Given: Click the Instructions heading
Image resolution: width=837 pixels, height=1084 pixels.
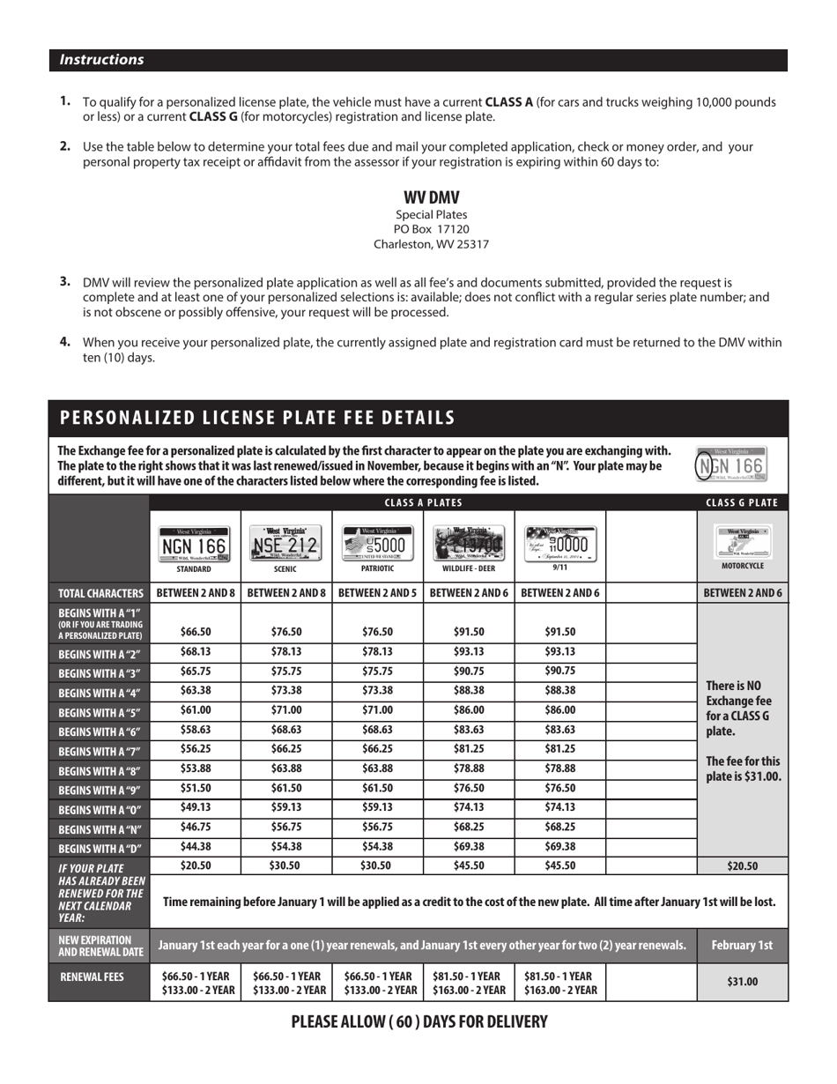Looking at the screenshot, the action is coord(101,60).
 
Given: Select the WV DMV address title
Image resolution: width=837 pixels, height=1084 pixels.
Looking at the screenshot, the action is coord(431,197).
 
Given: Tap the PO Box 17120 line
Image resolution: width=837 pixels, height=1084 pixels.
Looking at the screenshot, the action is coord(431,229).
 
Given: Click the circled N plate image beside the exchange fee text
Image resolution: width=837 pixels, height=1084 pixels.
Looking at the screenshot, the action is coord(730,464).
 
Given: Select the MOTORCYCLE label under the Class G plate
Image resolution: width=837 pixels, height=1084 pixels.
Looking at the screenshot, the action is coord(742,566).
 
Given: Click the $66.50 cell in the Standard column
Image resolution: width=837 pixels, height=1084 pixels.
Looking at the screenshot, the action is coord(195,632).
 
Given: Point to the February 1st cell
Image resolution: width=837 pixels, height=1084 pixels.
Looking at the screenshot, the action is coord(742,946).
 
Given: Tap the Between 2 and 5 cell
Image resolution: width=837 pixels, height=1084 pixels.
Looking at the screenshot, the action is coord(377,592).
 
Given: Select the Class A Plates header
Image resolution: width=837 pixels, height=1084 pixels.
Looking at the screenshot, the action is coord(424,502).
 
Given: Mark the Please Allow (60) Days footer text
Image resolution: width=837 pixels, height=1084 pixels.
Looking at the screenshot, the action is coord(418,1022).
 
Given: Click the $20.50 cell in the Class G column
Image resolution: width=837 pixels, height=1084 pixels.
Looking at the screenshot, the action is coord(742,865).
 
